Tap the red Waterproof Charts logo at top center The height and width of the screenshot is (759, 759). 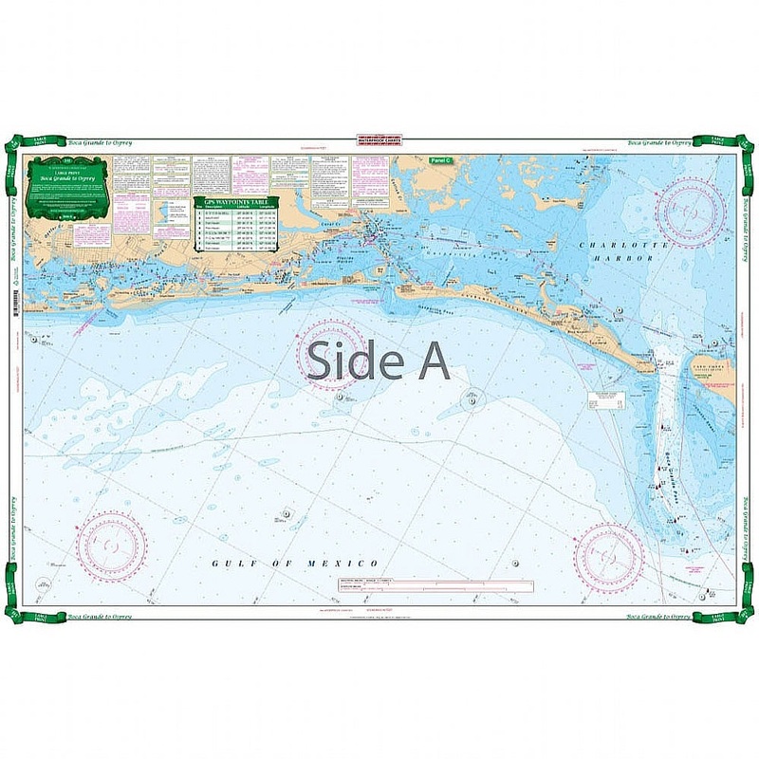tap(379, 142)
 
